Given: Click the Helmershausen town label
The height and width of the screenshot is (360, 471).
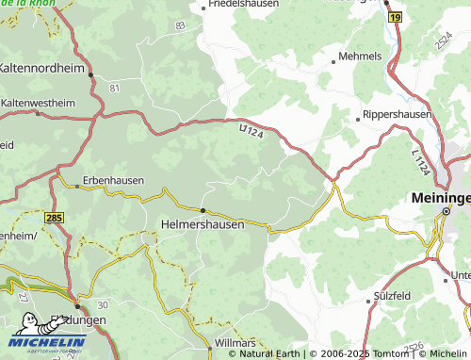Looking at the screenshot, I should [203, 225].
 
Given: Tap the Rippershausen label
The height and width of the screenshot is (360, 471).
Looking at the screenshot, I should [398, 115].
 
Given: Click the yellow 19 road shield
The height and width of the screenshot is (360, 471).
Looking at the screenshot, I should [395, 17].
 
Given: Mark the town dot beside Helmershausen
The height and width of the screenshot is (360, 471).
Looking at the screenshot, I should [203, 210].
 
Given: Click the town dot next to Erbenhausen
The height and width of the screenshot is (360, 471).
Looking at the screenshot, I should [78, 187].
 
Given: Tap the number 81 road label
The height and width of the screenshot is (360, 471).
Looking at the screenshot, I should [115, 87].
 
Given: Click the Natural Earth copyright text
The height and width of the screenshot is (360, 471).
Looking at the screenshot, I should [268, 353].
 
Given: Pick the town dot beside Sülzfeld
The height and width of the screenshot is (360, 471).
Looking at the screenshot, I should [368, 303].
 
